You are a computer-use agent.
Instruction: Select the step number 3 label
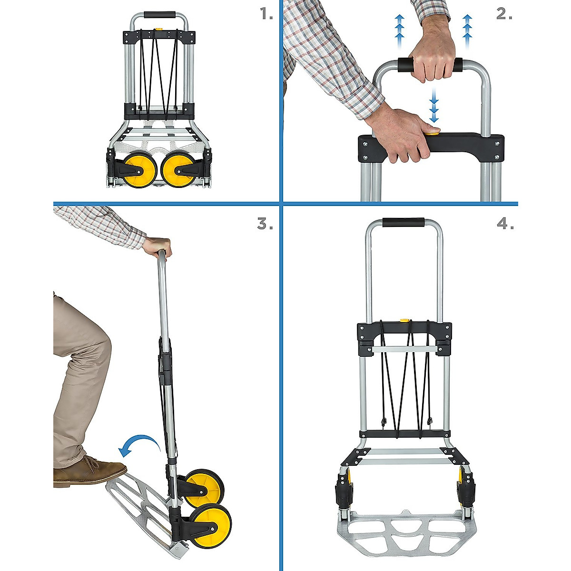click(265, 224)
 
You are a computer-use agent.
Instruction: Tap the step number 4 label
click(505, 224)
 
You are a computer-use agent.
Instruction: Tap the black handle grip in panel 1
click(159, 15)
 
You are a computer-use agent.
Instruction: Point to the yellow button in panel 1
click(158, 32)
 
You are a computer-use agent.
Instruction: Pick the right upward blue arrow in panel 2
click(467, 29)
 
